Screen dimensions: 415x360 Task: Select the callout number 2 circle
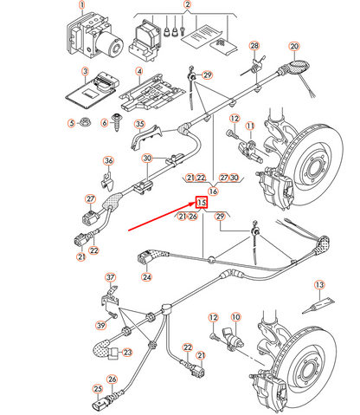click(187, 5)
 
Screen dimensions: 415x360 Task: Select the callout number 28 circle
click(254, 45)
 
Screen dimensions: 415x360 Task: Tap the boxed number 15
click(201, 203)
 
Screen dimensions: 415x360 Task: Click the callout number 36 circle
click(108, 160)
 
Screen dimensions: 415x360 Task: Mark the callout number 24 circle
click(147, 278)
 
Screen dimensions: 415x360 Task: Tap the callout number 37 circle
click(110, 277)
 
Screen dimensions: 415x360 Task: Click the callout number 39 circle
click(100, 325)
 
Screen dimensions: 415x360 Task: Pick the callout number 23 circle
click(127, 352)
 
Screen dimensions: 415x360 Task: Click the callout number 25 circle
click(97, 411)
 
